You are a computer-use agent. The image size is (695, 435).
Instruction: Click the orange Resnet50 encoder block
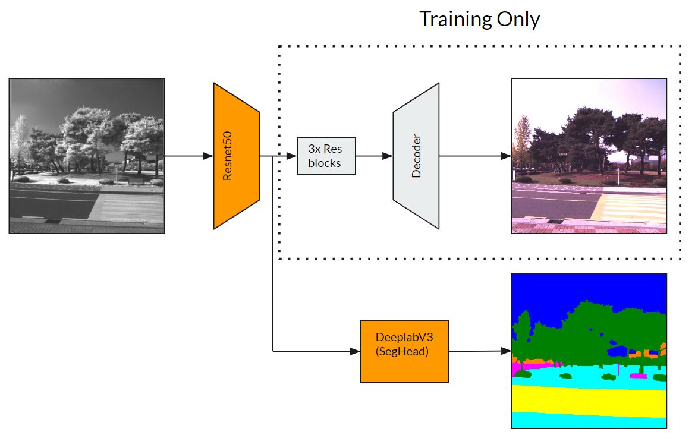coord(237,156)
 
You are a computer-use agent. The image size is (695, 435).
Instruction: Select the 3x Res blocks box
coord(326,156)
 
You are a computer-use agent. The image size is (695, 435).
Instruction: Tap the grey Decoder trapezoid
coord(416,156)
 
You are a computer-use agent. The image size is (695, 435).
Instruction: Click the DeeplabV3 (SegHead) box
coord(404,351)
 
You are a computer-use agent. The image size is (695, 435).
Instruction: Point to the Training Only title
coord(480,20)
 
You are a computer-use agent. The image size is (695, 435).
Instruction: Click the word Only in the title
coord(518,20)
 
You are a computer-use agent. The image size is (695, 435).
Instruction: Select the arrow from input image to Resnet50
coord(189,156)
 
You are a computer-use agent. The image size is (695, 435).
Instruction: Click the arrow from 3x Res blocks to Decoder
coord(374,156)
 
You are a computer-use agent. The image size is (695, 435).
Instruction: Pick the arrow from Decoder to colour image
coord(475,156)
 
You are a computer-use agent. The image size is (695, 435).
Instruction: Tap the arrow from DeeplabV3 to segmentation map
coord(480,351)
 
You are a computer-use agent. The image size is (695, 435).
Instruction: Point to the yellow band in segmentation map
coord(589,400)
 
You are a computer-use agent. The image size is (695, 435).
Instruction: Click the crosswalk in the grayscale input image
coord(131,206)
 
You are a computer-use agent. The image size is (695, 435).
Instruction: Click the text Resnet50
coord(227,156)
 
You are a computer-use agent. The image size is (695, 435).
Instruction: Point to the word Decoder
coord(416,156)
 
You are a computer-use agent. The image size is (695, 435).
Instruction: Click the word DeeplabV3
coord(404,337)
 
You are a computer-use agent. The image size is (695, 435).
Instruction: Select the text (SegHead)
coord(402,352)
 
